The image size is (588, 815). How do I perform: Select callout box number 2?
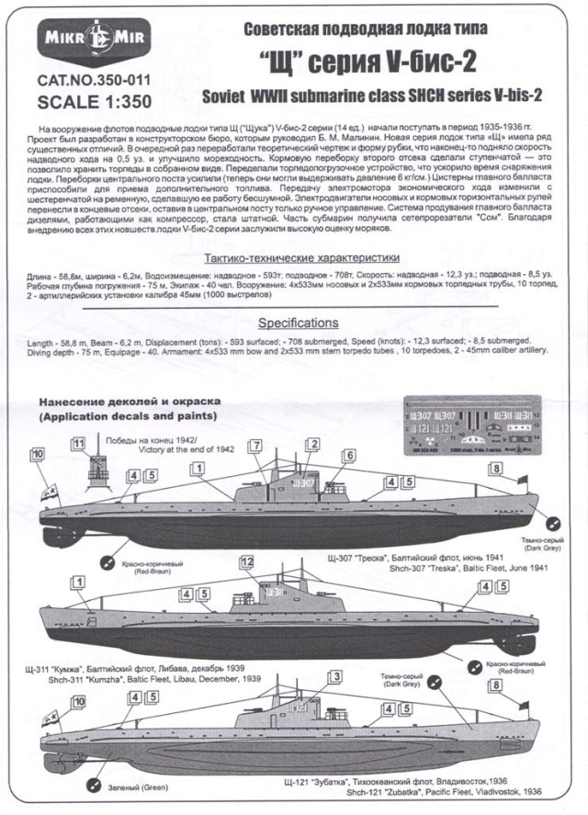pyautogui.click(x=312, y=445)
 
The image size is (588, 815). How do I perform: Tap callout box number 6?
pyautogui.click(x=349, y=456)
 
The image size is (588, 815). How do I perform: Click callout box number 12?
pyautogui.click(x=245, y=561)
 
